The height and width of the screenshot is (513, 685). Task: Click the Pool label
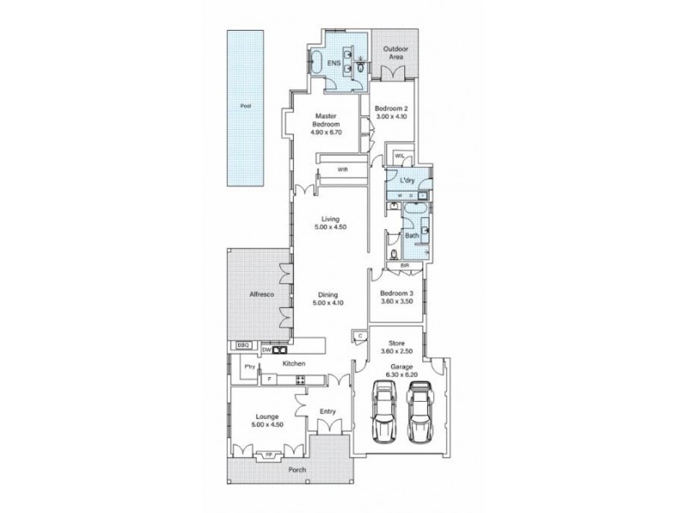click(x=245, y=107)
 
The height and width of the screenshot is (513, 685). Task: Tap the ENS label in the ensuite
click(x=334, y=64)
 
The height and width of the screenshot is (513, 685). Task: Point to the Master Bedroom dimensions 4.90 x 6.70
click(x=328, y=133)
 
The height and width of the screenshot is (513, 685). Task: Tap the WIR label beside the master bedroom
click(x=342, y=169)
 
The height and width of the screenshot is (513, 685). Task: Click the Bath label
click(x=411, y=235)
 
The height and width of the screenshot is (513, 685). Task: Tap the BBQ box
click(x=241, y=346)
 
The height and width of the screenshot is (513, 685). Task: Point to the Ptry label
click(x=250, y=367)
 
